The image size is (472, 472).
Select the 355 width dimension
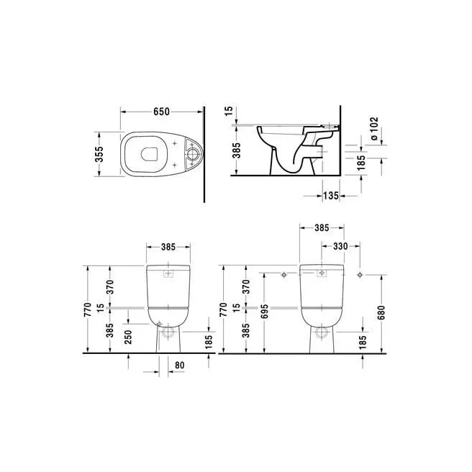(x=101, y=154)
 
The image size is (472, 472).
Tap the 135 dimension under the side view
(x=331, y=194)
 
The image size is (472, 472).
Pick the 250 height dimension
(x=127, y=336)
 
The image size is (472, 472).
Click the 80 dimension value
(x=180, y=365)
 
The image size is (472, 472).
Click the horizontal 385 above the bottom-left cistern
(x=168, y=247)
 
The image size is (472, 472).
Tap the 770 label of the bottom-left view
(x=87, y=310)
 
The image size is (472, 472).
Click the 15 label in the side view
(x=228, y=112)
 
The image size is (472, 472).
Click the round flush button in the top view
(x=193, y=153)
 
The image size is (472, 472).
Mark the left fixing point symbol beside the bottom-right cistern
(x=284, y=274)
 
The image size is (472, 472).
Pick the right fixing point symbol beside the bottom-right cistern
(x=358, y=274)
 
